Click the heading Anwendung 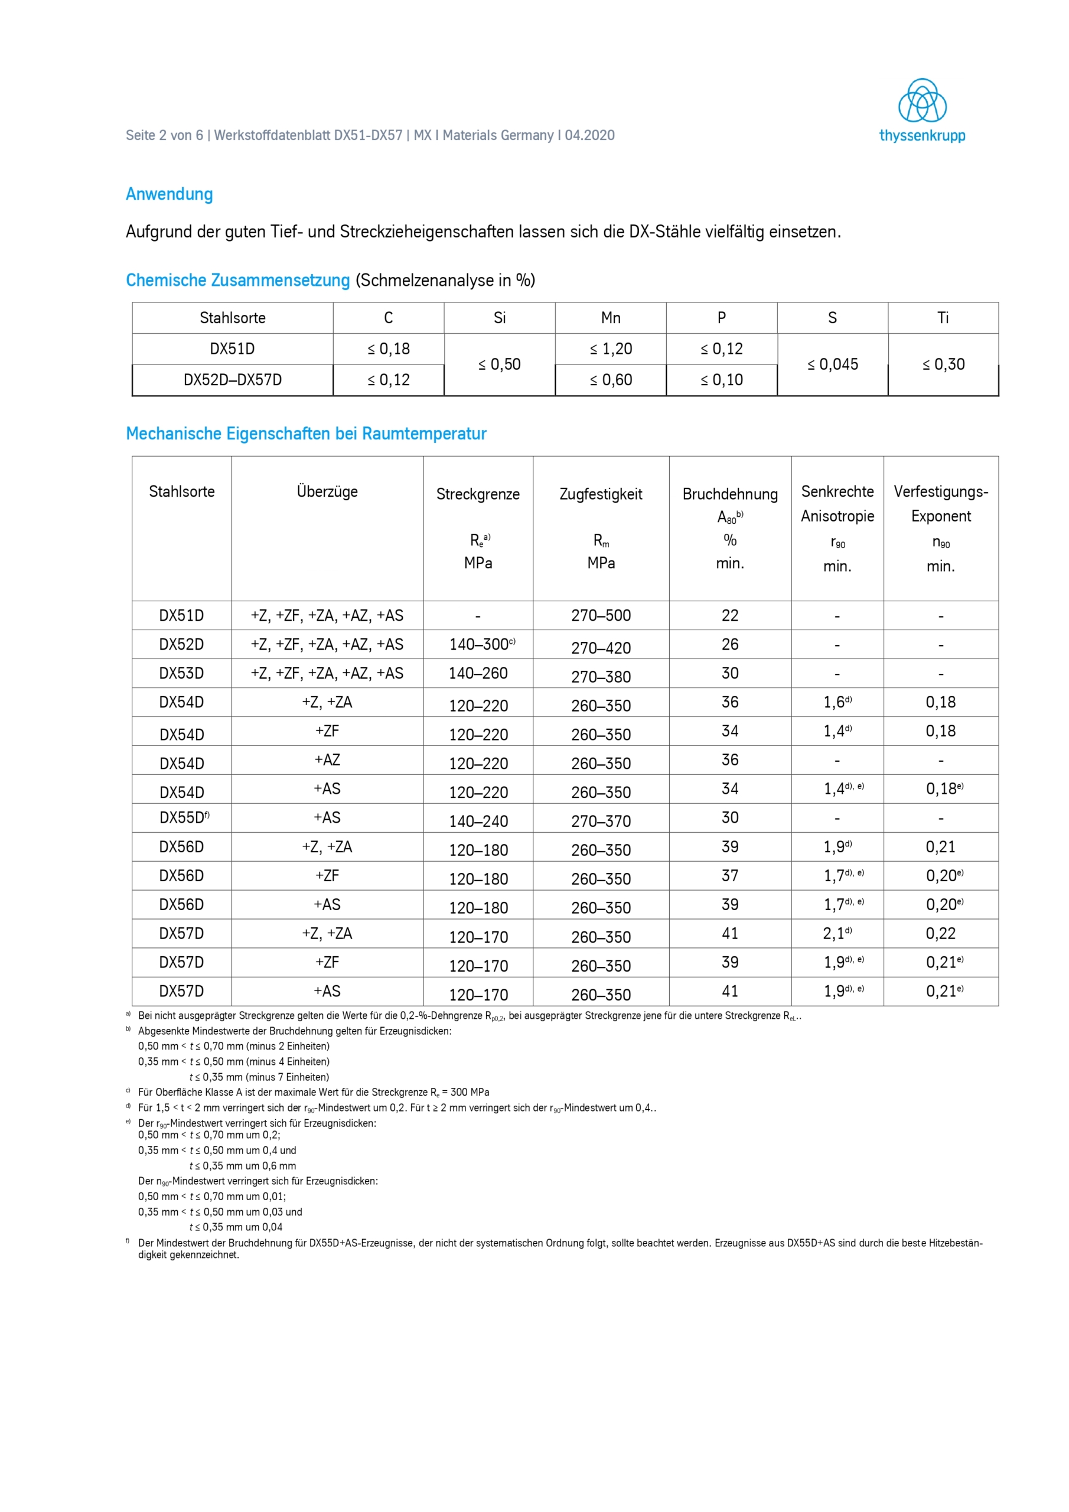pos(170,194)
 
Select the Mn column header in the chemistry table pos(611,318)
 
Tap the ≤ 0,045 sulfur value pos(833,365)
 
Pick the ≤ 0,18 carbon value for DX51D pos(389,349)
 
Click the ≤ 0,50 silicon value pos(499,365)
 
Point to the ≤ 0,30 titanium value pos(943,365)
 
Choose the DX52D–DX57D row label pos(233,380)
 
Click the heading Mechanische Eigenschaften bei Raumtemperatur pos(307,434)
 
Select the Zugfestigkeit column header pos(601,494)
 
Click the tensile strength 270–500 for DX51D pos(601,616)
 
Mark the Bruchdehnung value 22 pos(730,616)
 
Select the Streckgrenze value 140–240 pos(478,821)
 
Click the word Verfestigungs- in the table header pos(941,492)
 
